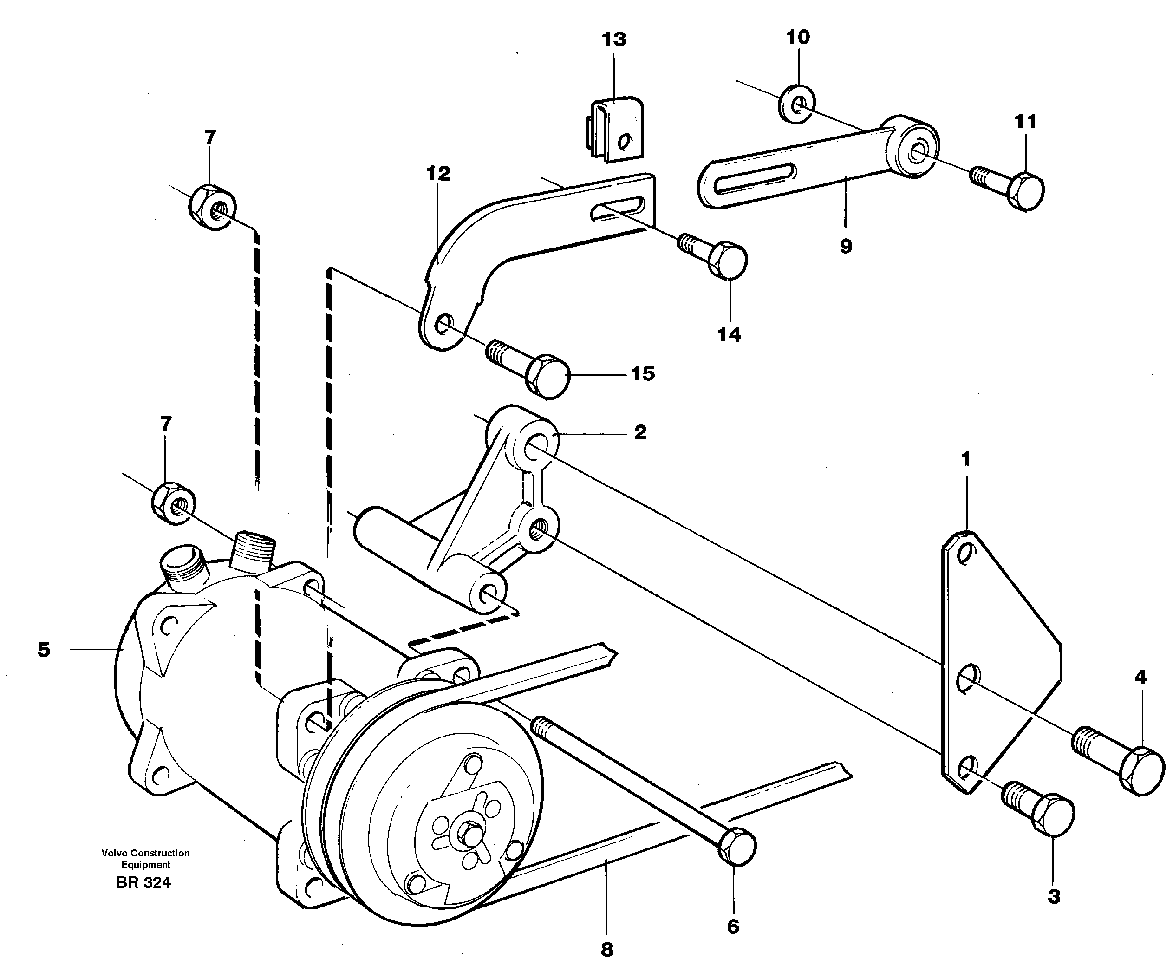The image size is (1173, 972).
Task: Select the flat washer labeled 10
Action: pyautogui.click(x=797, y=104)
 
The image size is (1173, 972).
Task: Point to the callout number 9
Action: pyautogui.click(x=846, y=246)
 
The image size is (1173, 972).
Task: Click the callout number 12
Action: pyautogui.click(x=438, y=174)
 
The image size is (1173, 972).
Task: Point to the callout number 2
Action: pyautogui.click(x=640, y=432)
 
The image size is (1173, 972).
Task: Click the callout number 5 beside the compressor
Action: pyautogui.click(x=44, y=650)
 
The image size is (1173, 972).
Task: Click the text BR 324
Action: pyautogui.click(x=143, y=883)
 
